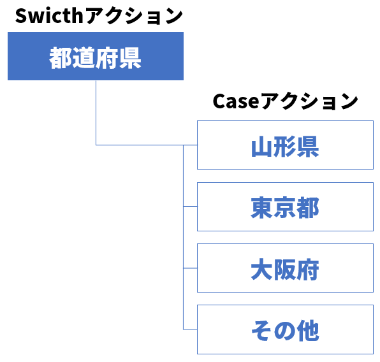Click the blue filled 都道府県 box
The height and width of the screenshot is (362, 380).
click(96, 56)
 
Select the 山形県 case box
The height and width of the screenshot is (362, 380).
click(285, 145)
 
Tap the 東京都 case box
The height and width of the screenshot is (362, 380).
click(285, 206)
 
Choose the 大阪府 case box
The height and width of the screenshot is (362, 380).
click(285, 268)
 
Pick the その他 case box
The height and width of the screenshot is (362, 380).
click(285, 329)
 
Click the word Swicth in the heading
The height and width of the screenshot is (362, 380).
click(49, 16)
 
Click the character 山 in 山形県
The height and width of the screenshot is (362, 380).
click(262, 147)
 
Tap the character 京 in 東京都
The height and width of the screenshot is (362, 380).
click(285, 208)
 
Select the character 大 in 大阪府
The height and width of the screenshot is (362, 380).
click(262, 269)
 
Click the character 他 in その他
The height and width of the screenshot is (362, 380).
click(308, 331)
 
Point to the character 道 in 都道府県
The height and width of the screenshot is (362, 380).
click(84, 58)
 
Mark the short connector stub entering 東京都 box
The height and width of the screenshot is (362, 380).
click(191, 206)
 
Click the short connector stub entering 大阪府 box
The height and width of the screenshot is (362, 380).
click(191, 268)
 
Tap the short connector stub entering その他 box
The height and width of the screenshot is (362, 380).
click(191, 329)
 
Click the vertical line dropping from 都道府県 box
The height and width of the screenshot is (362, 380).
click(96, 113)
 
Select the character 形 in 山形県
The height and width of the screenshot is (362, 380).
click(285, 147)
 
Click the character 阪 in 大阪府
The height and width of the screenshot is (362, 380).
click(285, 269)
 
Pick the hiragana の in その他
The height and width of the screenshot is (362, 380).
click(285, 331)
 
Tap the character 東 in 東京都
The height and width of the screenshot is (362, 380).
click(262, 208)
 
